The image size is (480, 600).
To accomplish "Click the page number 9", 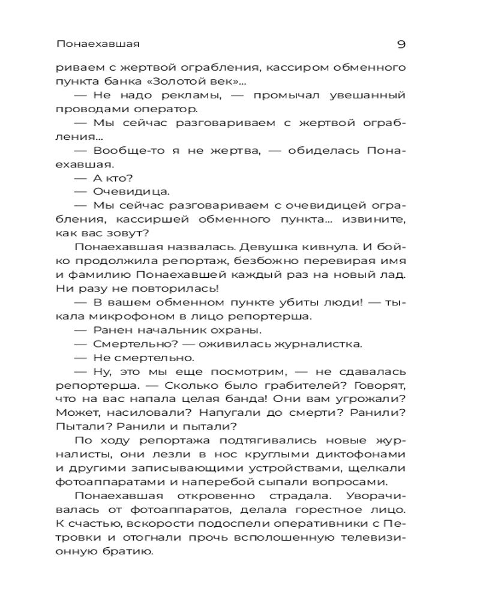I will click(x=401, y=44).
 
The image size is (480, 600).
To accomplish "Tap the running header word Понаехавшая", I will click(x=98, y=44).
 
